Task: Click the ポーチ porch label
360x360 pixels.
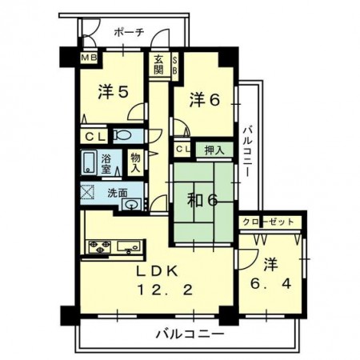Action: pos(129,33)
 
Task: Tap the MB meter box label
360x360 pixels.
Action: pos(89,58)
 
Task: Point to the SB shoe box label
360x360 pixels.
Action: pos(175,66)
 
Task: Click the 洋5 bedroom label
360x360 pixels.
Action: pos(114,92)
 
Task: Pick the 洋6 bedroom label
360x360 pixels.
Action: pos(205,100)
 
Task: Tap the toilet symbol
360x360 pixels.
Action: pos(122,135)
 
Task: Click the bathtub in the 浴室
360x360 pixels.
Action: pos(89,162)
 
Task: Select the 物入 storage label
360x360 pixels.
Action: pos(135,163)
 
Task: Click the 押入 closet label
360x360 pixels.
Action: pos(214,150)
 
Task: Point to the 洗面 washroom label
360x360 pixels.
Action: pos(118,193)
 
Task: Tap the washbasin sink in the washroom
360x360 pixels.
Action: pos(132,205)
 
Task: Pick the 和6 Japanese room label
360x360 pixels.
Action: pos(202,201)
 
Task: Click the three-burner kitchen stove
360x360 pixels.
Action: pos(100,246)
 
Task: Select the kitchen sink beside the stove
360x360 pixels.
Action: pos(129,246)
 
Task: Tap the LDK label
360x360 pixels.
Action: pos(157,271)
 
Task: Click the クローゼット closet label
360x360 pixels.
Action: pos(268,222)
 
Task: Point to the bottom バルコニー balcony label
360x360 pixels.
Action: pos(190,334)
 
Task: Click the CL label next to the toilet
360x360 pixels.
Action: pos(94,137)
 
